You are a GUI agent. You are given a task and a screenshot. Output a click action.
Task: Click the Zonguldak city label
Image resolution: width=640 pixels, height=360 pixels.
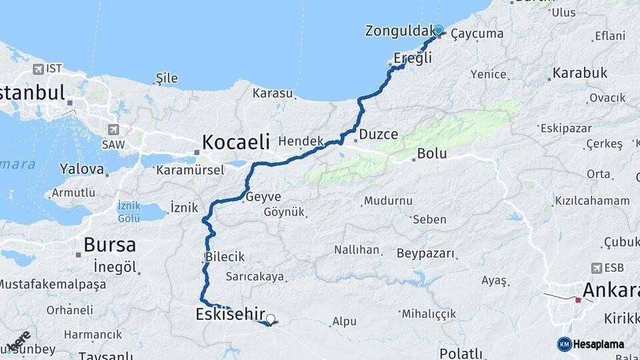pyautogui.click(x=398, y=31)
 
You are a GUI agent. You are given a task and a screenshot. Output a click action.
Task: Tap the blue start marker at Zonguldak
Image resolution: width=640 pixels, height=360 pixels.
pyautogui.click(x=439, y=30)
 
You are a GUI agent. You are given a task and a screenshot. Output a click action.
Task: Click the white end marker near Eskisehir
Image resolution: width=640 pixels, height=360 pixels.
pyautogui.click(x=271, y=319)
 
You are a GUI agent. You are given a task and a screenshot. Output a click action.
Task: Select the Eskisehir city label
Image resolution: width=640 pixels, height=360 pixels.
pyautogui.click(x=231, y=314)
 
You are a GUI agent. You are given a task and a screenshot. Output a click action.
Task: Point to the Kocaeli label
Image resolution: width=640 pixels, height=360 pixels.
pyautogui.click(x=236, y=141)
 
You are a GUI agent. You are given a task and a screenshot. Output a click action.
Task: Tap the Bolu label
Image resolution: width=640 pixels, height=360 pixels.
pyautogui.click(x=431, y=154)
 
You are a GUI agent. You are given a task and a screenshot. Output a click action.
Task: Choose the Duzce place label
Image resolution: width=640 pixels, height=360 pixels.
pyautogui.click(x=378, y=134)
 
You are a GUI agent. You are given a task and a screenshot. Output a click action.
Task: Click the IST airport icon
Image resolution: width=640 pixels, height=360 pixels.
pyautogui.click(x=37, y=69)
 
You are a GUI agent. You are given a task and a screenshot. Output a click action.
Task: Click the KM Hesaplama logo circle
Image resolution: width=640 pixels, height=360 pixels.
pyautogui.click(x=565, y=344)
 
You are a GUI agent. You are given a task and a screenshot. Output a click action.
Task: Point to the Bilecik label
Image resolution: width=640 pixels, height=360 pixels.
pyautogui.click(x=225, y=257)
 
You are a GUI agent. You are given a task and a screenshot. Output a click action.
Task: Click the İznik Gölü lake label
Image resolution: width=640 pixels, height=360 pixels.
pyautogui.click(x=129, y=212)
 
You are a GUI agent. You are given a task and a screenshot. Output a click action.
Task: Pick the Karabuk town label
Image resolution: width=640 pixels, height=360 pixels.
pyautogui.click(x=579, y=73)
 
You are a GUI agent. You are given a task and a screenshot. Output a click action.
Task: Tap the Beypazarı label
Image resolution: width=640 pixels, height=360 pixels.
pyautogui.click(x=425, y=253)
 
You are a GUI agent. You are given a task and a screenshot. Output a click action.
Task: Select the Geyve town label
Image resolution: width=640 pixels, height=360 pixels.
pyautogui.click(x=263, y=197)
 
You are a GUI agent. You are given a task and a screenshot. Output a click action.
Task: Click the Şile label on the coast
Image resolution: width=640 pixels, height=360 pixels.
pyautogui.click(x=166, y=78)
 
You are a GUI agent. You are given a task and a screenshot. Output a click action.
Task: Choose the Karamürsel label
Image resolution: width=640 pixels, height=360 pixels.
pyautogui.click(x=190, y=170)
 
